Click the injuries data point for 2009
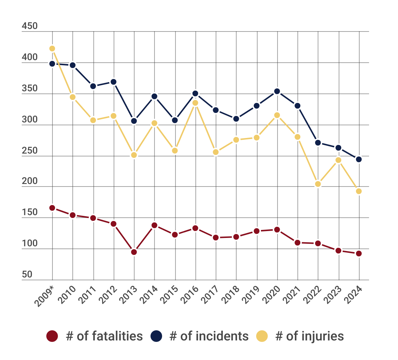[52, 49]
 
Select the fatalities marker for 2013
[134, 252]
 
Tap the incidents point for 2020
[277, 91]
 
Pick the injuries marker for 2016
[195, 103]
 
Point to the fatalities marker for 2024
[359, 254]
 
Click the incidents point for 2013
[134, 121]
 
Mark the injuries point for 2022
[318, 184]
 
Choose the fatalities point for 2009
[52, 208]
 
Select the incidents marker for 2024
[359, 159]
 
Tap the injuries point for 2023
[338, 160]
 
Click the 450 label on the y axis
[29, 26]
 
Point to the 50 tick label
[27, 275]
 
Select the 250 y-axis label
[29, 151]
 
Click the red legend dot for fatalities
[52, 336]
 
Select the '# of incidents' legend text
[209, 336]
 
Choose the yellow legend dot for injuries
[262, 336]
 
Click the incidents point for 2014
[154, 96]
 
